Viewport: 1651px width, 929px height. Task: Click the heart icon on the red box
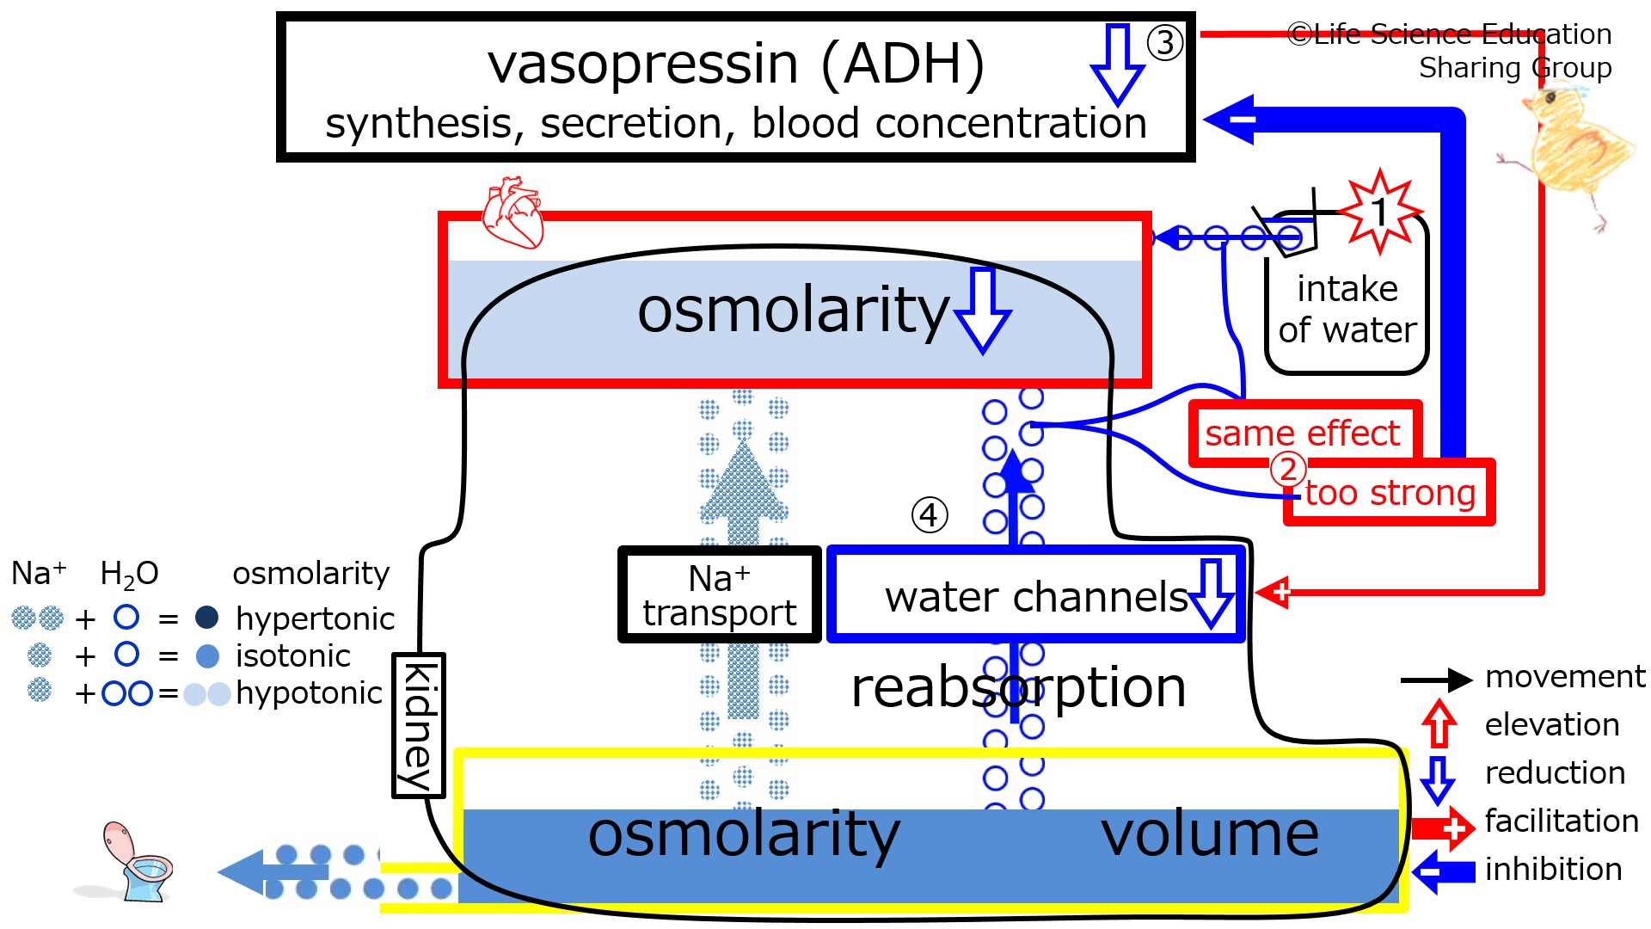[513, 212]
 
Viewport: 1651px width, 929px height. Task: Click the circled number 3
[1165, 42]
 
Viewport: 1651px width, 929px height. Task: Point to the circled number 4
[929, 515]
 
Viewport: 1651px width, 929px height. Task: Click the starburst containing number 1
[1379, 212]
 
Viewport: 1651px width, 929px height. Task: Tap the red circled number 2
[1288, 470]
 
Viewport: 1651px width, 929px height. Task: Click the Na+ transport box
[720, 594]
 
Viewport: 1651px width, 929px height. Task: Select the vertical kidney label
[419, 726]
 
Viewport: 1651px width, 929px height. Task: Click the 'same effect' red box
[1303, 433]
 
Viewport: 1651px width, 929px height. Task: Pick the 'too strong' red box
[1390, 493]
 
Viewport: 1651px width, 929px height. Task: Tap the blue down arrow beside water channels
[1212, 594]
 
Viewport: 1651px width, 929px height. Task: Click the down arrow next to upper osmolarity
[983, 311]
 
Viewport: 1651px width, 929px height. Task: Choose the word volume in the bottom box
[1209, 834]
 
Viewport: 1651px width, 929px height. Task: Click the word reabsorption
[1018, 688]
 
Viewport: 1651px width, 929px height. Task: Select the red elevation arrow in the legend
[1438, 723]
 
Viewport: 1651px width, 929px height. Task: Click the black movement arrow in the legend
[1436, 680]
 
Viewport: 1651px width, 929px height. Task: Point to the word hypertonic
[315, 618]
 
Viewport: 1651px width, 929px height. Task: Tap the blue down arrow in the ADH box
[1116, 64]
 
